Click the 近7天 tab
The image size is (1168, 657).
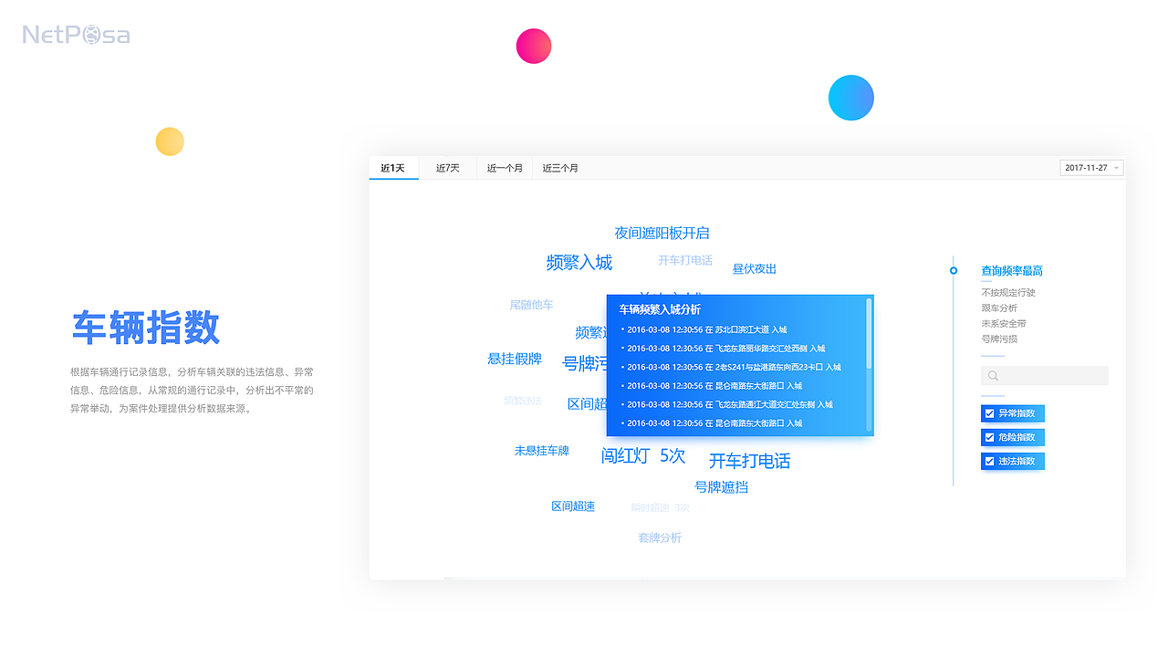447,168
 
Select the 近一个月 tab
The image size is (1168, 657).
505,168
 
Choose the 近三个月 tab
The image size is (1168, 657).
560,168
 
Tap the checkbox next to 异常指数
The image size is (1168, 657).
989,413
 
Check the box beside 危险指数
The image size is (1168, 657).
989,437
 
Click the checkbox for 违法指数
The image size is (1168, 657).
989,461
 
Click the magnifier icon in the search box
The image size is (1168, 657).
993,376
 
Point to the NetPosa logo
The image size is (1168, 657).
76,36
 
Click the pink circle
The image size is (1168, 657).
534,46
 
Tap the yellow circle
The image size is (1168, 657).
170,141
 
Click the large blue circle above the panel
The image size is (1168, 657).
851,98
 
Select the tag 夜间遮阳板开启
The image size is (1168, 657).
662,234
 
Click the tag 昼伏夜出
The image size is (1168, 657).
754,269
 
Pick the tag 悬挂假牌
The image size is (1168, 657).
515,359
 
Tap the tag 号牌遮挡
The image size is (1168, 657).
721,487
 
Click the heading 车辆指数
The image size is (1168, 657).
146,328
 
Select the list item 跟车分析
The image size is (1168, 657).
999,308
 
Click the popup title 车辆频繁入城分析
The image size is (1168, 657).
660,309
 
